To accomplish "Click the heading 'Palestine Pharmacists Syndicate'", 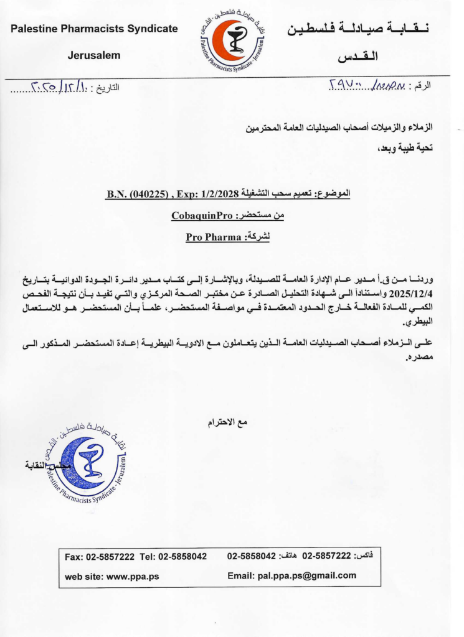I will pyautogui.click(x=94, y=29).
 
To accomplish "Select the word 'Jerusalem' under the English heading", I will pyautogui.click(x=94, y=55).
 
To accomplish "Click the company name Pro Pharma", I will pyautogui.click(x=212, y=237).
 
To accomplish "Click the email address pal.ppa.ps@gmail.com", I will pyautogui.click(x=308, y=575).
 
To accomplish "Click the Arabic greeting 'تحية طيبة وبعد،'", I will pyautogui.click(x=404, y=148).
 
